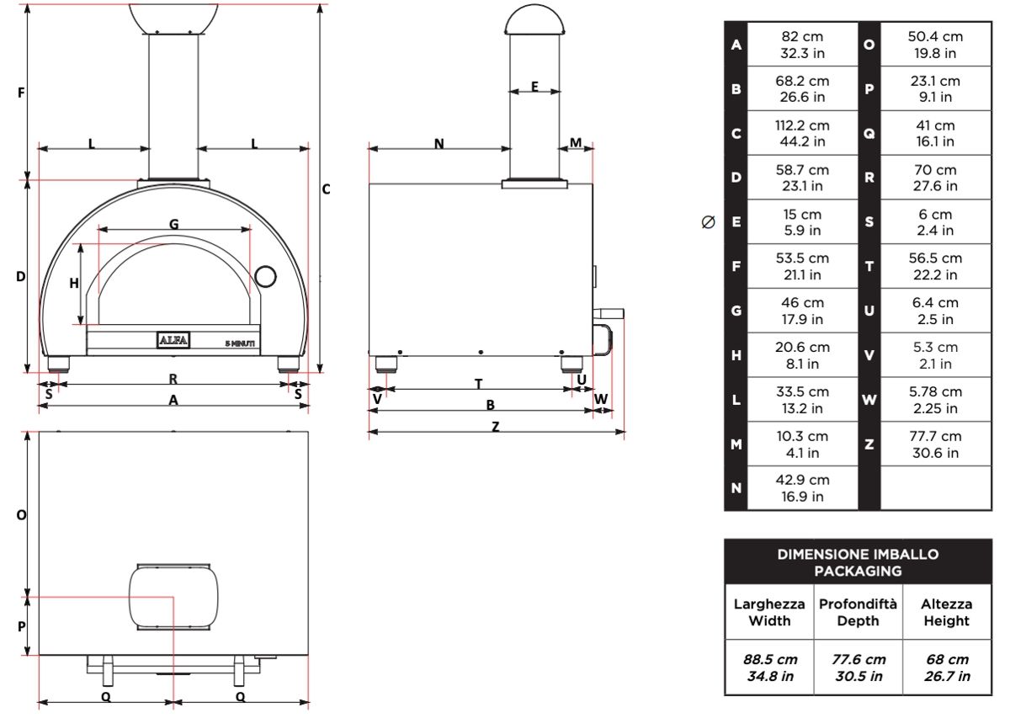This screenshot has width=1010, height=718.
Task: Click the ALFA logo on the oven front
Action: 173,341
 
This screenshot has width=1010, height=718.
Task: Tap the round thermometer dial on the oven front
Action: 266,275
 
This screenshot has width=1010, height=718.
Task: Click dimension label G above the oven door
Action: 173,224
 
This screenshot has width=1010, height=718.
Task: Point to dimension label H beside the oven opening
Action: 74,284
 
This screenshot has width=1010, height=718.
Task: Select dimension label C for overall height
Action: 327,189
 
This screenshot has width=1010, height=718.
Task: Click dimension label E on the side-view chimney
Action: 534,86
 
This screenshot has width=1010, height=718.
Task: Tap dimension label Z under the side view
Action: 495,426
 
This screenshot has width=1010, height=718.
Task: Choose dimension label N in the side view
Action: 439,144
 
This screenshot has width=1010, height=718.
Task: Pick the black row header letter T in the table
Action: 869,267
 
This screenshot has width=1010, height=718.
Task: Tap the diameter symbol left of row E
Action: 708,222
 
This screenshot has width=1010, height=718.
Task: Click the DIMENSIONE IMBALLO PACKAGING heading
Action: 858,562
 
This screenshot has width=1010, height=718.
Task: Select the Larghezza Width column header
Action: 769,613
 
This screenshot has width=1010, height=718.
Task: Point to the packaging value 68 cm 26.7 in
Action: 946,667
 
